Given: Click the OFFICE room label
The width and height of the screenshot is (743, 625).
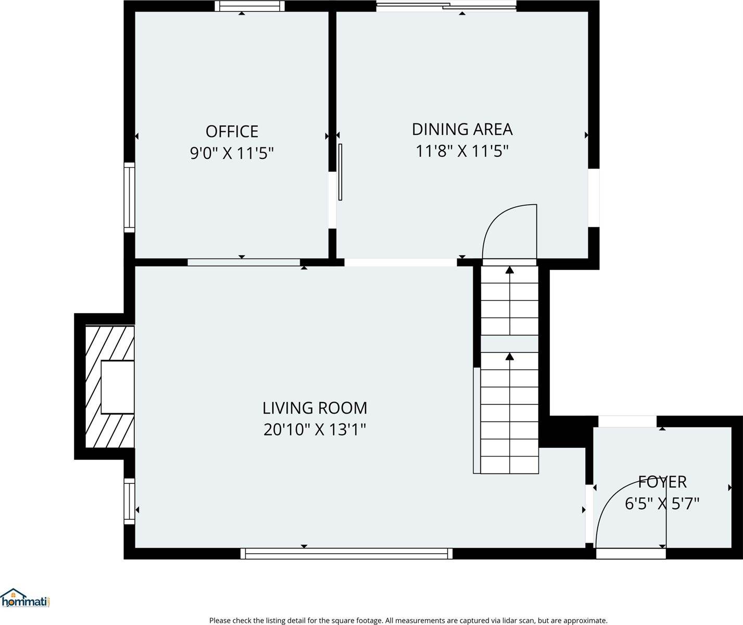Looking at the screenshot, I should tap(232, 131).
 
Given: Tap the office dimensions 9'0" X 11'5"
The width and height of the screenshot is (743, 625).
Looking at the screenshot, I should tap(232, 153).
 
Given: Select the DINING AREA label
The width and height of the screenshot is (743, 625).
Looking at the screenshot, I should tap(462, 129).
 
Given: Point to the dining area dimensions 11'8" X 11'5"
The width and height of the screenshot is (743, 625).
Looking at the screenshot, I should tap(462, 151).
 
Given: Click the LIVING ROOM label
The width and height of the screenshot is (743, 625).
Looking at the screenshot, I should tap(314, 408).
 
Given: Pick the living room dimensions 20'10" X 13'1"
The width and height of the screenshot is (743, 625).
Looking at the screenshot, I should tap(314, 430).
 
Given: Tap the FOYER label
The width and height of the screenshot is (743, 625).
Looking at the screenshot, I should tap(662, 482).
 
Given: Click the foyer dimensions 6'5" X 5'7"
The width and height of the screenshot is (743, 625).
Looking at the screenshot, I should tap(662, 504).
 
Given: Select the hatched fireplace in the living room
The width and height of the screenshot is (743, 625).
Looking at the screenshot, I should tap(109, 386).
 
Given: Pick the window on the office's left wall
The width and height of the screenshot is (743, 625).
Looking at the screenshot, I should tap(129, 197).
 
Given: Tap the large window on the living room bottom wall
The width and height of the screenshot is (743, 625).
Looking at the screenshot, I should tap(346, 553).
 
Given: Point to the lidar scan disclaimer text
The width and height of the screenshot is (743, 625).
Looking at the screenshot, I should tap(408, 620).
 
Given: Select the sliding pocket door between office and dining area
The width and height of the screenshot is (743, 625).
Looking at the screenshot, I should tap(340, 172).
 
